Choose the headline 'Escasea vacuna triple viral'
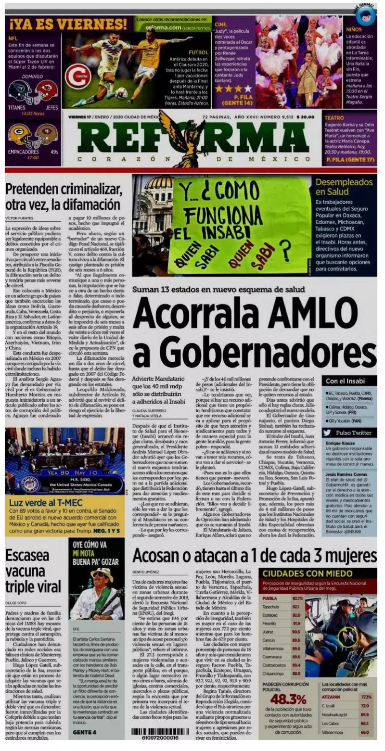click(33, 571)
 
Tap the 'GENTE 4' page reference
click(85, 732)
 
